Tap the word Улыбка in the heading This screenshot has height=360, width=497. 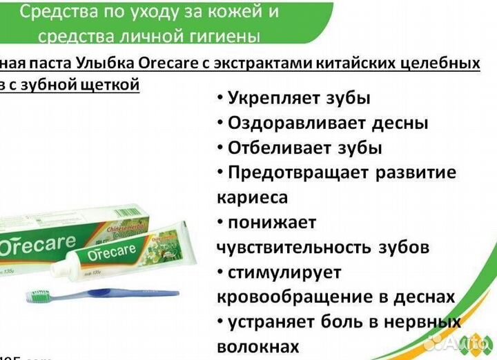point(106,63)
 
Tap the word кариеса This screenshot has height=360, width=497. point(253,197)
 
